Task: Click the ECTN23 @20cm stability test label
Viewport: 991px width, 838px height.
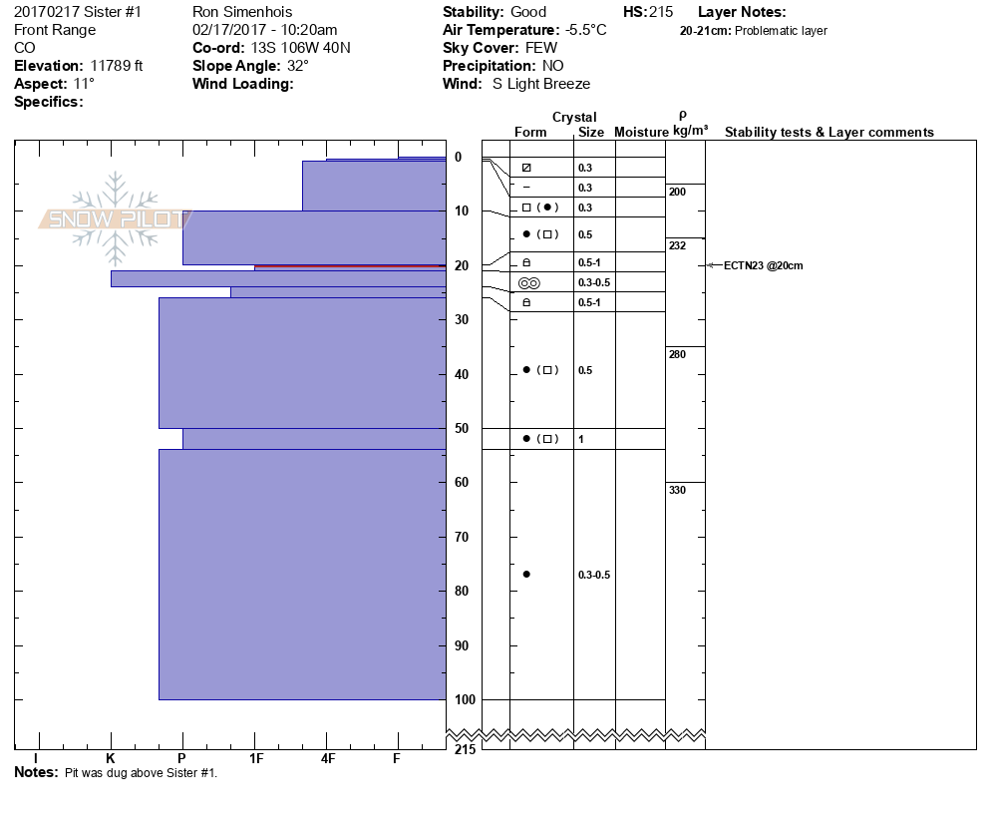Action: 763,265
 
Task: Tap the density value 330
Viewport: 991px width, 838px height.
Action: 678,490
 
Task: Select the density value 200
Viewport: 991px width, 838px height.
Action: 678,192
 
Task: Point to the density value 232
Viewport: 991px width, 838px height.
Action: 678,245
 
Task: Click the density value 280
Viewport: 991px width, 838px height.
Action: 678,354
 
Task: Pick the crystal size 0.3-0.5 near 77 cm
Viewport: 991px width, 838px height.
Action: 594,575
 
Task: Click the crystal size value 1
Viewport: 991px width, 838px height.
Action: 581,439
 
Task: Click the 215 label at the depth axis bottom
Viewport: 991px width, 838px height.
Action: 464,749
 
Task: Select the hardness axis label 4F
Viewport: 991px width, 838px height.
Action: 328,759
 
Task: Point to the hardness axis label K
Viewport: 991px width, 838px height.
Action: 111,759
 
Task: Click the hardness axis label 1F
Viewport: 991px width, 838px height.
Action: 255,759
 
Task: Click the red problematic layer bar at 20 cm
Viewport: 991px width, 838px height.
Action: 349,266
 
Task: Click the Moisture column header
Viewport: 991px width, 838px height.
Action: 641,132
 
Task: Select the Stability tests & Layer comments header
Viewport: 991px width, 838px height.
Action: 828,132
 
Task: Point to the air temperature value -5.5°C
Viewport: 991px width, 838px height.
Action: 585,30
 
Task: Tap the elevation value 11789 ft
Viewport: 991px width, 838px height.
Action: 117,66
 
